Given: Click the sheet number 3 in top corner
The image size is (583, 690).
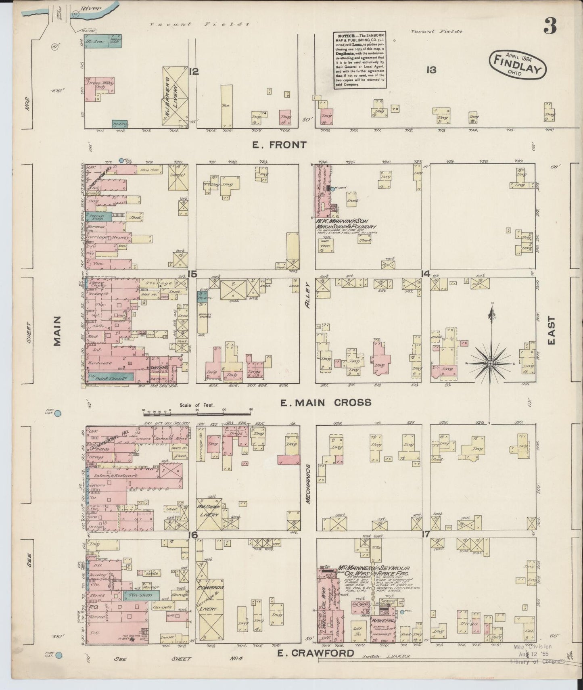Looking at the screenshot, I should pyautogui.click(x=550, y=27).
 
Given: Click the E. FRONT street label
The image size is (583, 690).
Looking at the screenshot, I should pyautogui.click(x=279, y=145).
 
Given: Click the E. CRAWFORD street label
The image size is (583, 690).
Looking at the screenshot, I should pyautogui.click(x=316, y=653).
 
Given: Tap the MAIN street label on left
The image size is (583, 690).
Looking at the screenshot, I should pyautogui.click(x=57, y=331).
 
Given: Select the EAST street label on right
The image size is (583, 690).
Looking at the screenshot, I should pyautogui.click(x=552, y=330).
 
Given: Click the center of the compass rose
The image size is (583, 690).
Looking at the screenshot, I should pyautogui.click(x=490, y=363).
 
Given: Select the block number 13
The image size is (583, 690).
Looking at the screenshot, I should pyautogui.click(x=431, y=70).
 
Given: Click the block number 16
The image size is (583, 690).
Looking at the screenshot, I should pyautogui.click(x=194, y=535).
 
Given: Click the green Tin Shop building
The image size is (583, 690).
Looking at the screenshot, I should pyautogui.click(x=141, y=595).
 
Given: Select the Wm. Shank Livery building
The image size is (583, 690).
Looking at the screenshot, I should pyautogui.click(x=207, y=511).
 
